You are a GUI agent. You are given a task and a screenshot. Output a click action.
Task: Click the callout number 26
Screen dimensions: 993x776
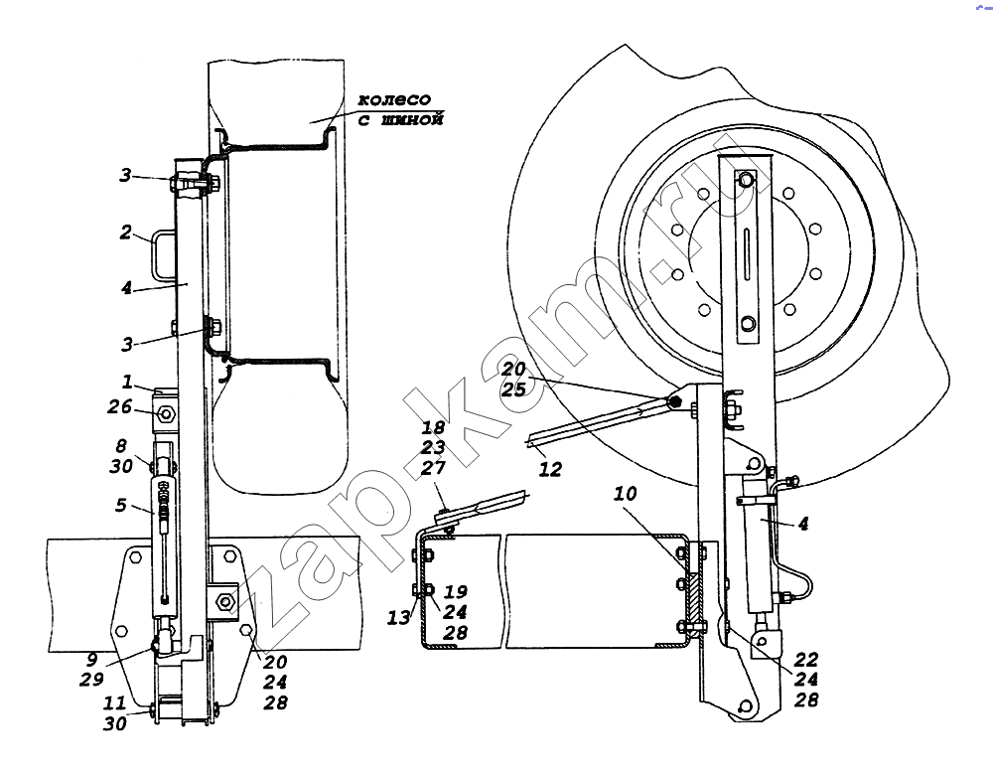pyautogui.click(x=119, y=406)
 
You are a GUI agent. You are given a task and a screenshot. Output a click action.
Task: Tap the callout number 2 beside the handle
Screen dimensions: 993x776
pyautogui.click(x=125, y=232)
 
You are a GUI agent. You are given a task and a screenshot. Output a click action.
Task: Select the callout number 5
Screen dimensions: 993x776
pyautogui.click(x=121, y=505)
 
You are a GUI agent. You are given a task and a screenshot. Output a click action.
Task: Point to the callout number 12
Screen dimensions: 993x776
pyautogui.click(x=550, y=469)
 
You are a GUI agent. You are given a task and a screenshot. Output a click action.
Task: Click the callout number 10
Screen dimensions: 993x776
pyautogui.click(x=625, y=493)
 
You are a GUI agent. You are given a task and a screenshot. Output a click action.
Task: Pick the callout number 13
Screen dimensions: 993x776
pyautogui.click(x=399, y=617)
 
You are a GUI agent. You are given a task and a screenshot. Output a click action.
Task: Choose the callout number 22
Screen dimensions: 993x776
pyautogui.click(x=805, y=660)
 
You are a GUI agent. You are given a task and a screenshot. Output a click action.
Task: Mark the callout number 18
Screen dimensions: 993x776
pyautogui.click(x=433, y=427)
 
